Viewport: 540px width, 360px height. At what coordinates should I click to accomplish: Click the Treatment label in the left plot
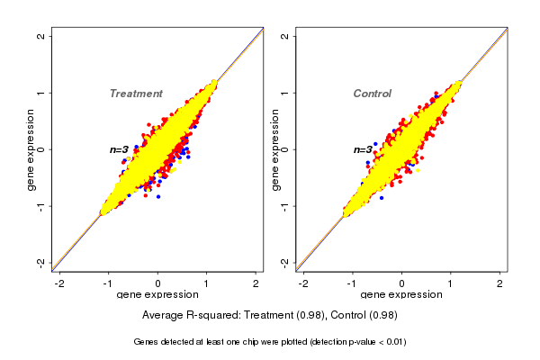tap(136, 94)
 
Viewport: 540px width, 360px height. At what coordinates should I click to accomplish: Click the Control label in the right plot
tap(373, 94)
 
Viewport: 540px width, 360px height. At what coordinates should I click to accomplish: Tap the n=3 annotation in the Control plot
tap(363, 149)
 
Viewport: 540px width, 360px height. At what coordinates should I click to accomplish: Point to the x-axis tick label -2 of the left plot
tap(59, 283)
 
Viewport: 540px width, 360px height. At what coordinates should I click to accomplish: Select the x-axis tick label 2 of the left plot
tap(256, 283)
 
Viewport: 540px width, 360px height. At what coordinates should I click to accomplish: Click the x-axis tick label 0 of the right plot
tap(401, 283)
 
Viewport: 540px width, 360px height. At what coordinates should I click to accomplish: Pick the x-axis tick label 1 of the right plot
tap(451, 283)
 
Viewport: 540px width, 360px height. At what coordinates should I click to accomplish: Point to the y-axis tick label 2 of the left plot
tap(40, 36)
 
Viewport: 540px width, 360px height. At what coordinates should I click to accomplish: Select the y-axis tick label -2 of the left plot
tap(40, 262)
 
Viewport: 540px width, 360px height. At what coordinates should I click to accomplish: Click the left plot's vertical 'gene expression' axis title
tap(32, 149)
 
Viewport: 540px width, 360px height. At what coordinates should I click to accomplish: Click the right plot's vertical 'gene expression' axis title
tap(276, 149)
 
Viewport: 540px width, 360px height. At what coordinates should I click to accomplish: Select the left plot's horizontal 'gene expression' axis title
tap(158, 295)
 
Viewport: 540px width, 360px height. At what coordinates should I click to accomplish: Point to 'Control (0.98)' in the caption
tap(364, 315)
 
